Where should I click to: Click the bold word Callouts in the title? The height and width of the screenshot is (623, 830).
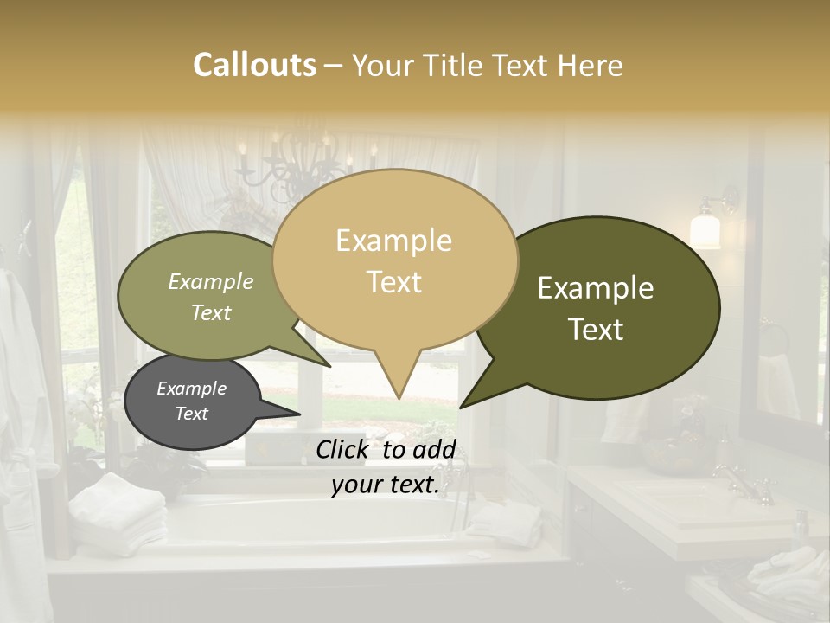[254, 65]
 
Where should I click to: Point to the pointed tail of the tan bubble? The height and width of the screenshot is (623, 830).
[398, 385]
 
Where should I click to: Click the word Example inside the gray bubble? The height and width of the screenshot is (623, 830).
[191, 389]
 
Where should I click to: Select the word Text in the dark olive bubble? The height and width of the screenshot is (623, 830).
[596, 330]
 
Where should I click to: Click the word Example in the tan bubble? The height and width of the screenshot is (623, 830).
[393, 241]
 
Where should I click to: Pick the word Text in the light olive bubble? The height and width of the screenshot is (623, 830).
[211, 312]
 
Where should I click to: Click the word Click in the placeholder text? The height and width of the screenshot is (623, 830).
[344, 448]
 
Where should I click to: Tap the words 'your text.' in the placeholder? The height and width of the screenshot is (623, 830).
[386, 485]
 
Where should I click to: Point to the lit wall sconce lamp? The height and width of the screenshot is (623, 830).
[706, 228]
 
